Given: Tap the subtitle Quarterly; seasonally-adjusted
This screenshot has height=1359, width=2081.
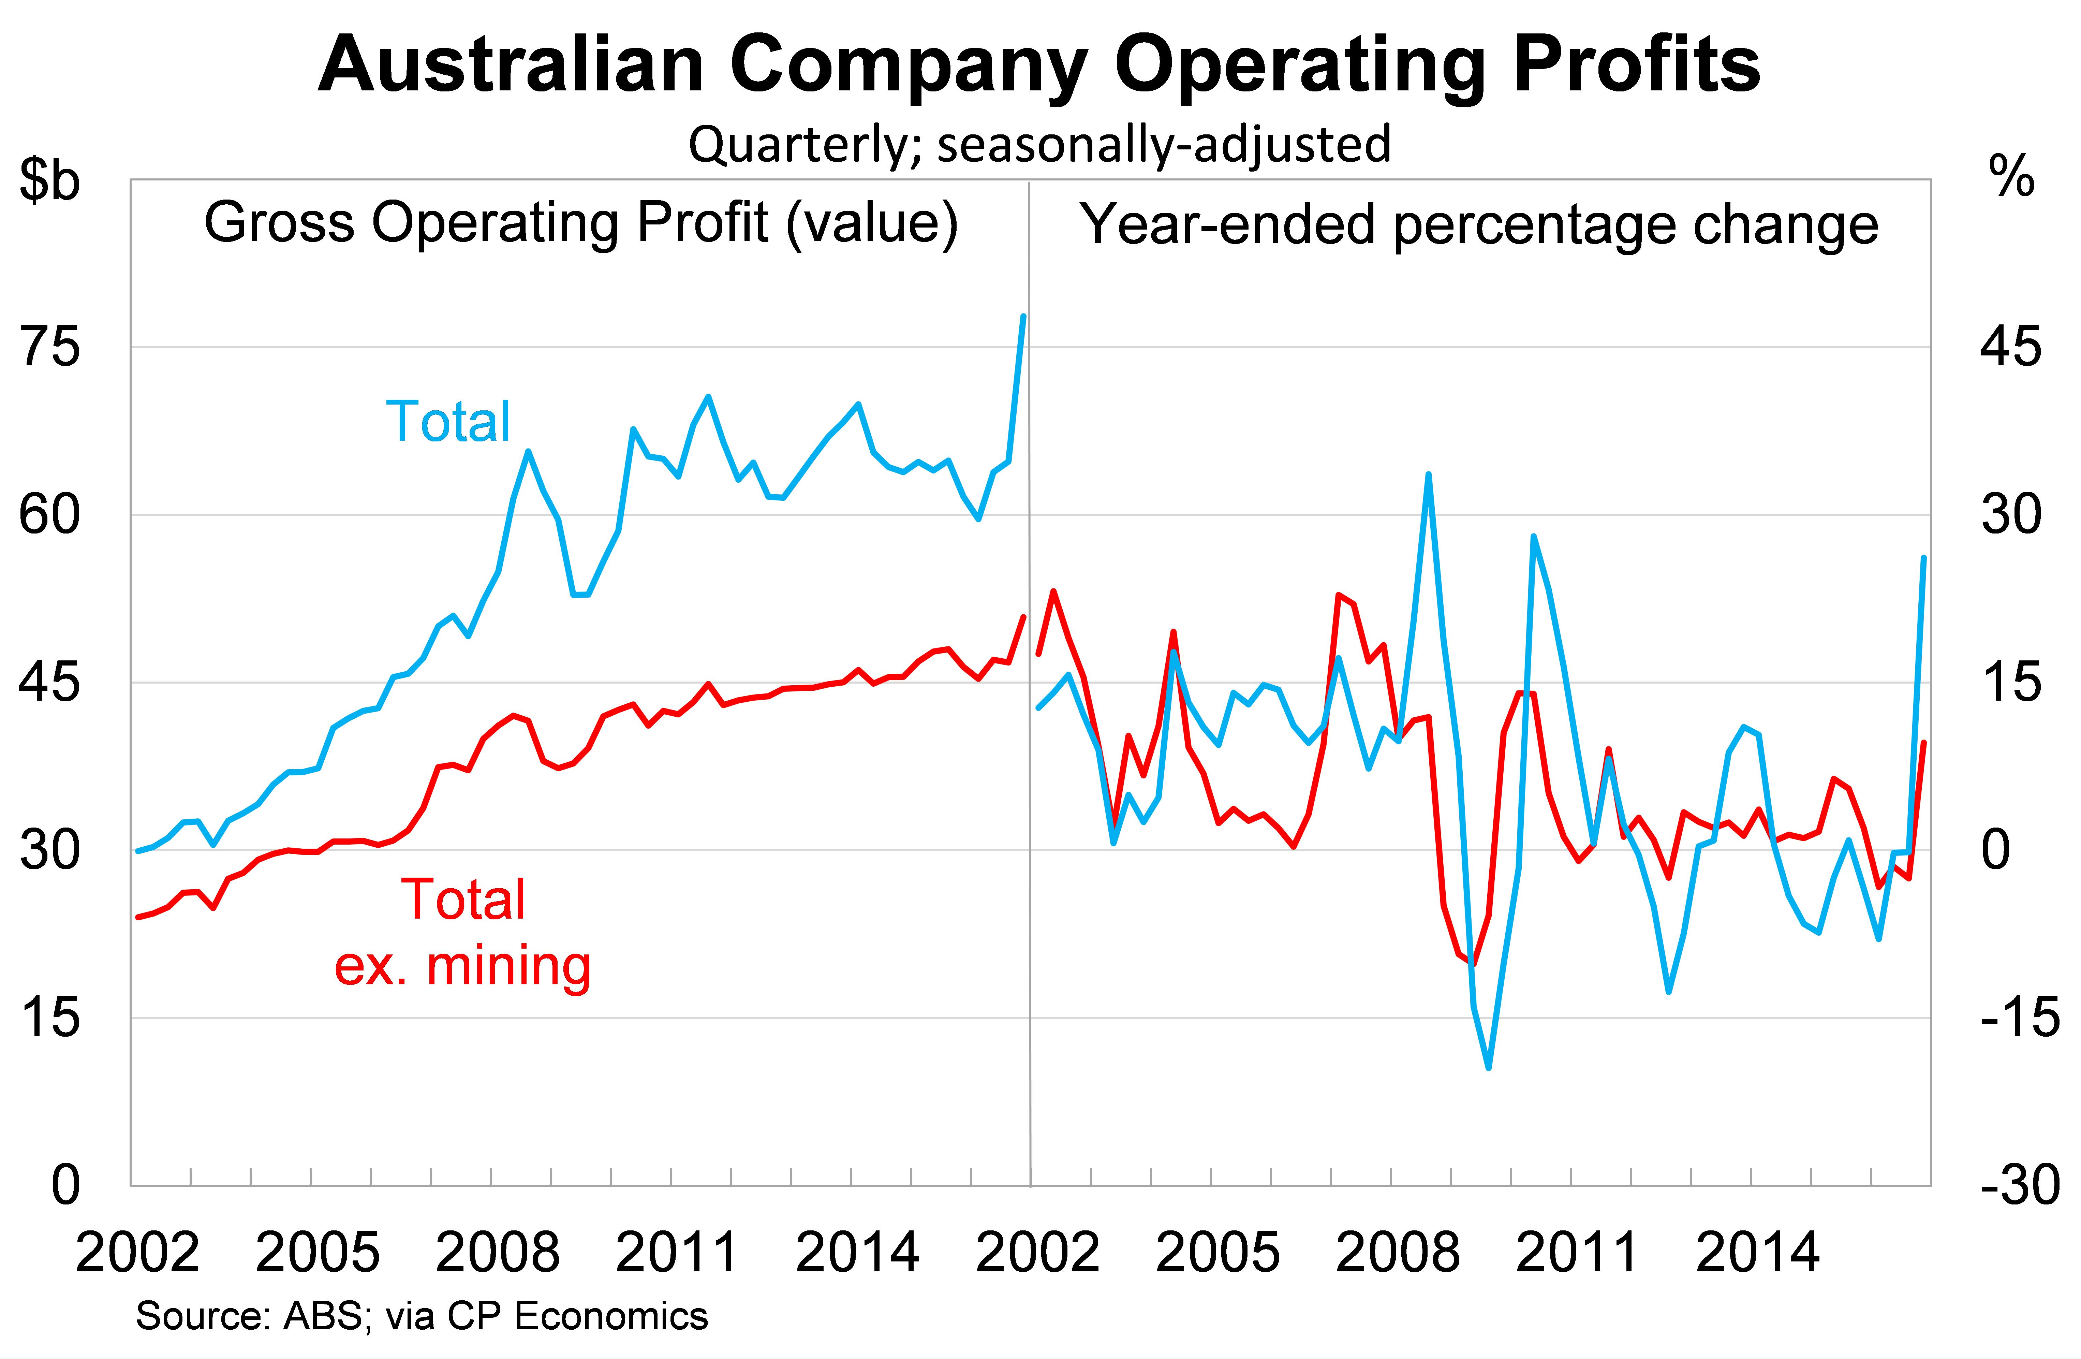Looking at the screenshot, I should [1039, 144].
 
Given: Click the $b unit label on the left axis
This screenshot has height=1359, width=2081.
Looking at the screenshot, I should [50, 181].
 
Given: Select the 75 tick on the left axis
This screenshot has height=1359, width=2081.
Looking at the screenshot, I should [50, 347].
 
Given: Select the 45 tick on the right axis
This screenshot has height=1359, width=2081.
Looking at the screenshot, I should [2011, 347].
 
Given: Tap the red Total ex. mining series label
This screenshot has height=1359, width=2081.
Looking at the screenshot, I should [463, 932].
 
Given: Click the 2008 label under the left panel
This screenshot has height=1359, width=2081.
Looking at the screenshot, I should [497, 1253].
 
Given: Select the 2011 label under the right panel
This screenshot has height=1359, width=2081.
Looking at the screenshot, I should [1577, 1253].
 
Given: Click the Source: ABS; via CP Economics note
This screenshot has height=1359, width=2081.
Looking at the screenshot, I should [422, 1316].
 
